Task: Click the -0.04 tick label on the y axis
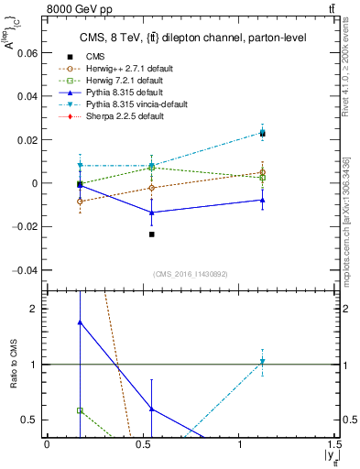pos(27,270)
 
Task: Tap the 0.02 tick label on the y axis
pos(28,140)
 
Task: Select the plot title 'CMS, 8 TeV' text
pos(193,38)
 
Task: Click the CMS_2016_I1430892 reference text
pos(191,276)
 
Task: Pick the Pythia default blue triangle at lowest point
pos(152,213)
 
